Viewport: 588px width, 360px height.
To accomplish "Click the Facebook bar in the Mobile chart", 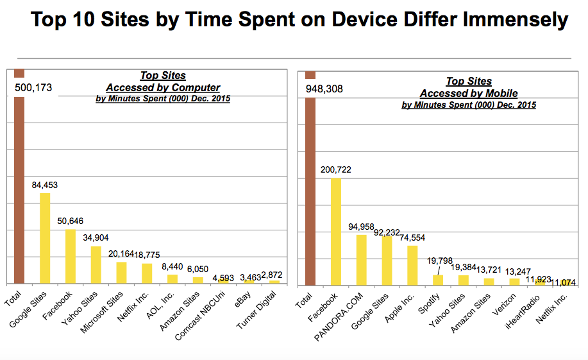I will point(335,231).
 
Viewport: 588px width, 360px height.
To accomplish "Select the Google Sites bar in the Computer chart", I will point(45,238).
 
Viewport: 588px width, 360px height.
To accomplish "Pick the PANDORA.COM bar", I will point(361,259).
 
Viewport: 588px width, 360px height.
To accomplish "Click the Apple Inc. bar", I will point(412,264).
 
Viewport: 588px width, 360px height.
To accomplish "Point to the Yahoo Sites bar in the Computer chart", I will point(96,264).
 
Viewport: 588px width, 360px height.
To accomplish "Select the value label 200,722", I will point(335,170).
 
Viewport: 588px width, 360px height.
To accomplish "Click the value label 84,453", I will point(46,185).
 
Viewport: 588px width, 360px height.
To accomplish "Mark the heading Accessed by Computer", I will point(163,87).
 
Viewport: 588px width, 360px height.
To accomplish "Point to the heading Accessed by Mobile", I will point(469,93).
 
